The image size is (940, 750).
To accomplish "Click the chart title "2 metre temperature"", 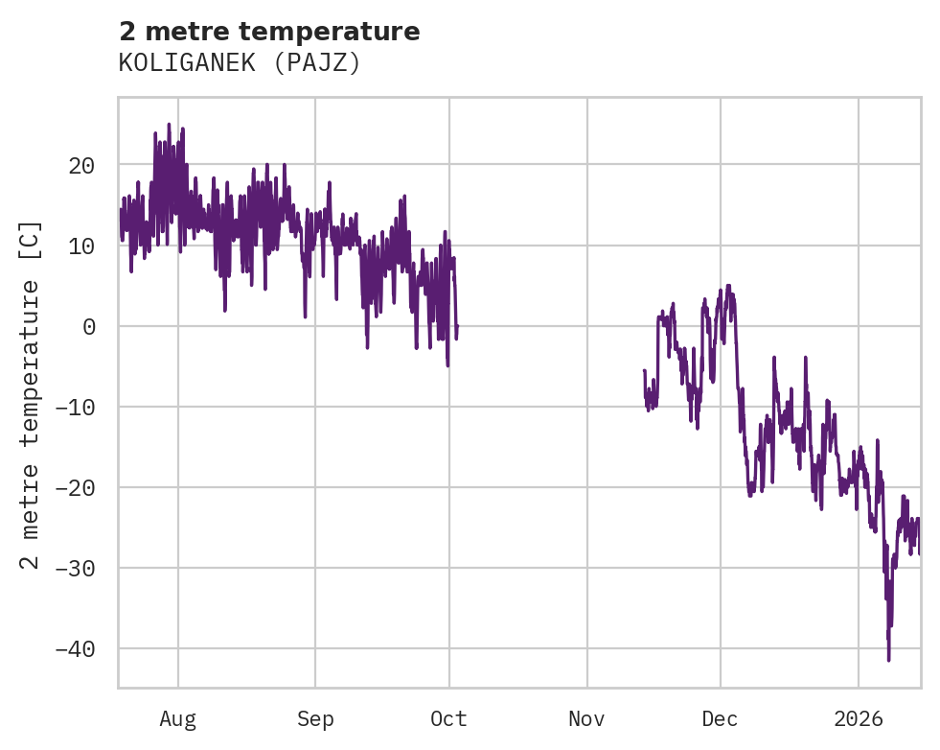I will pos(269,32).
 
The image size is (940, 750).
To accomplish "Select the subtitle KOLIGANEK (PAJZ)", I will pos(240,63).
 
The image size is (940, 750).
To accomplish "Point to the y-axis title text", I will pos(31,394).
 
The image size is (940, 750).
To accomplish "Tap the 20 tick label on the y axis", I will pos(81,166).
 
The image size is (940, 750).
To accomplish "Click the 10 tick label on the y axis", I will pos(81,246).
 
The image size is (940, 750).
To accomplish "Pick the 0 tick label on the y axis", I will pos(88,327).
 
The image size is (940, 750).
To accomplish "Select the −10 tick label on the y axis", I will pos(75,408).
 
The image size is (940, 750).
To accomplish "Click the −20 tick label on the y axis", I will pos(75,488).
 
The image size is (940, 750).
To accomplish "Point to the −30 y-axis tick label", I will pos(75,569).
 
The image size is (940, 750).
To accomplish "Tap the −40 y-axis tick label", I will pos(75,649).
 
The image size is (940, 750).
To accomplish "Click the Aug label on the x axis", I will pos(178,718).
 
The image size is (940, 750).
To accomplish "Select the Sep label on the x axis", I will pos(315,718).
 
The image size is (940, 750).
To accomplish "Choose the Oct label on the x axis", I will pos(448,718).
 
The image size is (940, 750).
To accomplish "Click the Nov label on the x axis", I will pos(586,718).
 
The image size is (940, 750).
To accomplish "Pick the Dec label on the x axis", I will pos(720,718).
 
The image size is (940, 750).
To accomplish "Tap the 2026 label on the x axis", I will pos(858,718).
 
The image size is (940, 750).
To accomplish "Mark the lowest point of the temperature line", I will pos(888,660).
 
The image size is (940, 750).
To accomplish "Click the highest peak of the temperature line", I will pos(169,124).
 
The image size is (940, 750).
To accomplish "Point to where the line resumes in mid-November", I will pos(644,370).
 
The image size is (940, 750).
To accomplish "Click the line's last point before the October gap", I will pos(457,327).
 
